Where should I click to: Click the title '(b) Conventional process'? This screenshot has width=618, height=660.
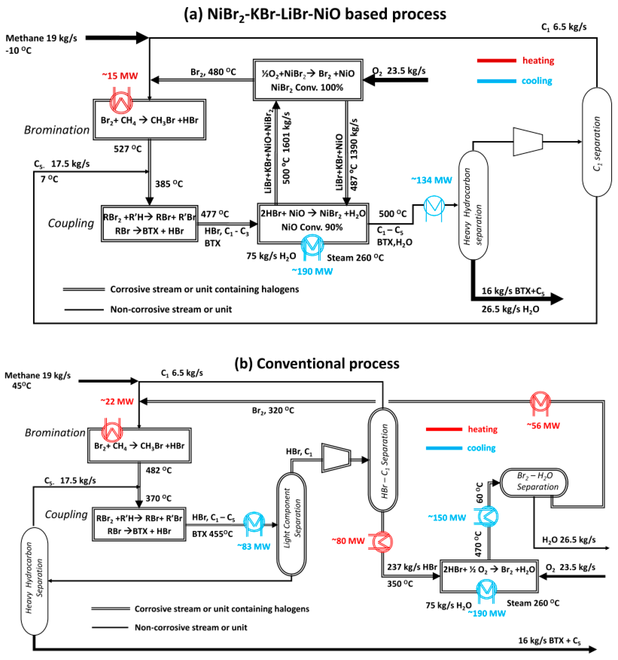(x=317, y=363)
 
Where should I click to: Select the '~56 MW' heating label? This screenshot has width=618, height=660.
(x=543, y=426)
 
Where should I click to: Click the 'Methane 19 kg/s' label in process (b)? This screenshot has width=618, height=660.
(x=38, y=375)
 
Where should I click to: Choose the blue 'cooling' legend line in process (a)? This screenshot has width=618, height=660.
(x=496, y=81)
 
